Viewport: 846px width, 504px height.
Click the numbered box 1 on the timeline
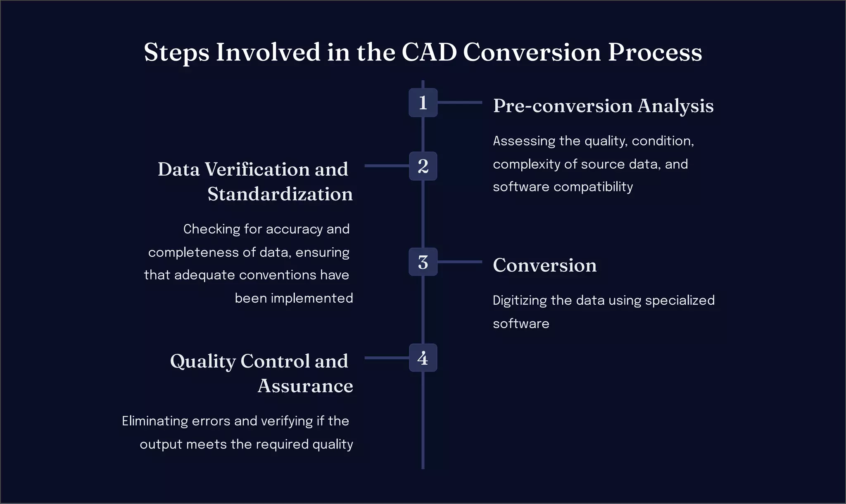[x=423, y=103]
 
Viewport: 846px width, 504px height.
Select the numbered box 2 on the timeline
[x=423, y=166]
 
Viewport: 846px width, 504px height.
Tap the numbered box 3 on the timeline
[x=423, y=262]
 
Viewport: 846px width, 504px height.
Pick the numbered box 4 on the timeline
[x=423, y=358]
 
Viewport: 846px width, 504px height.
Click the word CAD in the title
[x=429, y=53]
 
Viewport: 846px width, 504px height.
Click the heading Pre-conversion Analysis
[x=603, y=106]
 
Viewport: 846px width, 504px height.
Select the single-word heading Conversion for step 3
[x=544, y=265]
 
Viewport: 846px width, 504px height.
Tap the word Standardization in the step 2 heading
[x=280, y=194]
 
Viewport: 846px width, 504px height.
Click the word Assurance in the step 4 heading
[x=305, y=386]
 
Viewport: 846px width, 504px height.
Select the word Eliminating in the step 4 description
[x=155, y=421]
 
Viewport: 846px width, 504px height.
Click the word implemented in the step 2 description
[x=311, y=298]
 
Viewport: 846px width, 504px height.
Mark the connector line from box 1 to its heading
[x=459, y=102]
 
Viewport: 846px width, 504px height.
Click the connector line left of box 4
[x=386, y=358]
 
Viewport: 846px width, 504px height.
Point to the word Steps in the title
[x=176, y=53]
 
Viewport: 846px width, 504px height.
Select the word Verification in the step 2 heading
[x=257, y=170]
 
